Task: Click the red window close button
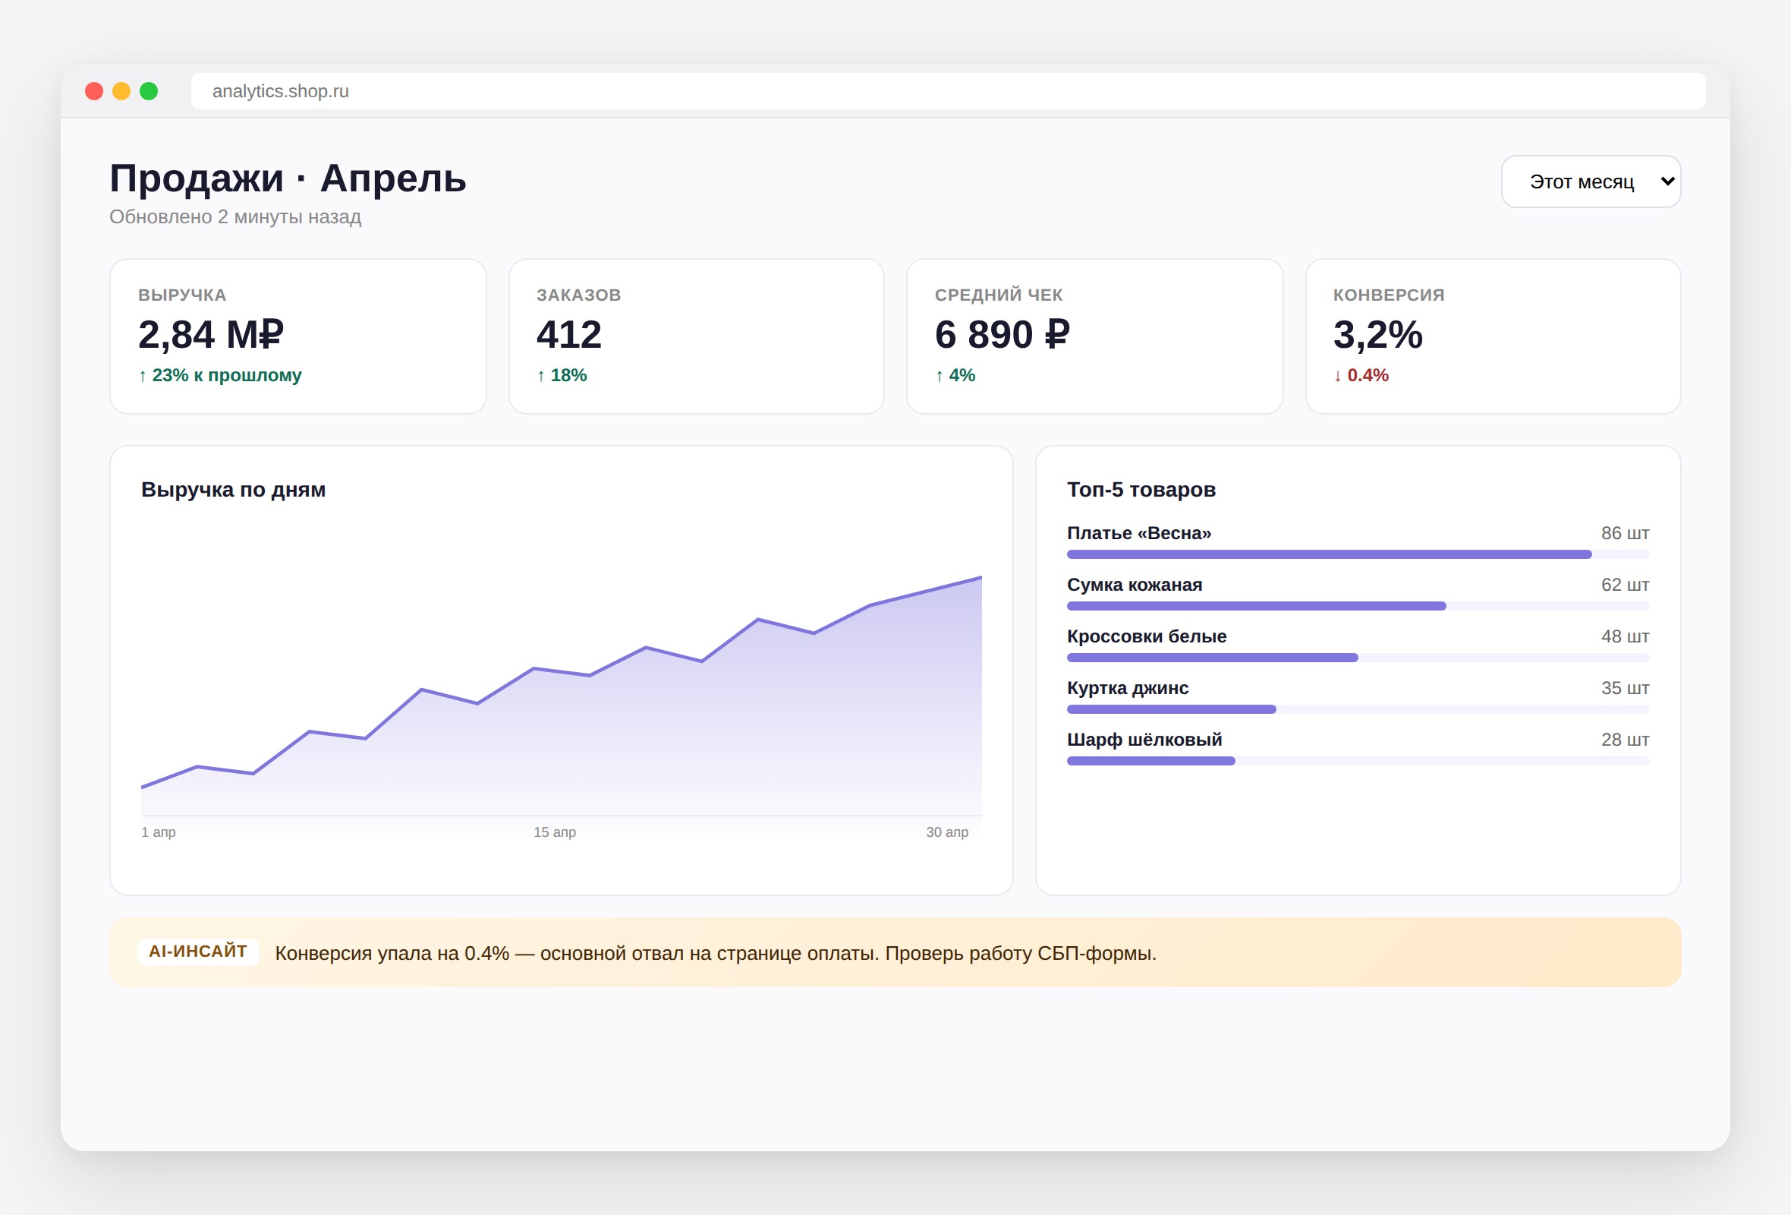point(94,91)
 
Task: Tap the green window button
point(149,91)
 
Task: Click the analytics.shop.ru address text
point(281,91)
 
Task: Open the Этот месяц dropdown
point(1591,181)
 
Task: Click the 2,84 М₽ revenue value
point(211,334)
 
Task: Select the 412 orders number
point(568,334)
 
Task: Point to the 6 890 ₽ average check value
point(1002,334)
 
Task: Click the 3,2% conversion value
point(1378,334)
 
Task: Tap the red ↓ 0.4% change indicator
point(1361,374)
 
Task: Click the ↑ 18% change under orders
point(562,374)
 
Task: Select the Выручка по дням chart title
point(234,490)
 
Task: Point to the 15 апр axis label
point(555,832)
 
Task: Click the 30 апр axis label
point(947,832)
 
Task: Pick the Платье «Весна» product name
point(1139,533)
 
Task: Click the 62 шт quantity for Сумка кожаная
point(1626,585)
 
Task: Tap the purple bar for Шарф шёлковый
point(1151,761)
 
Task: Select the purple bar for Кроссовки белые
point(1212,658)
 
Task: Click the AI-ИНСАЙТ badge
point(198,951)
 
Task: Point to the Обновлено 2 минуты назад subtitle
point(235,216)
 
